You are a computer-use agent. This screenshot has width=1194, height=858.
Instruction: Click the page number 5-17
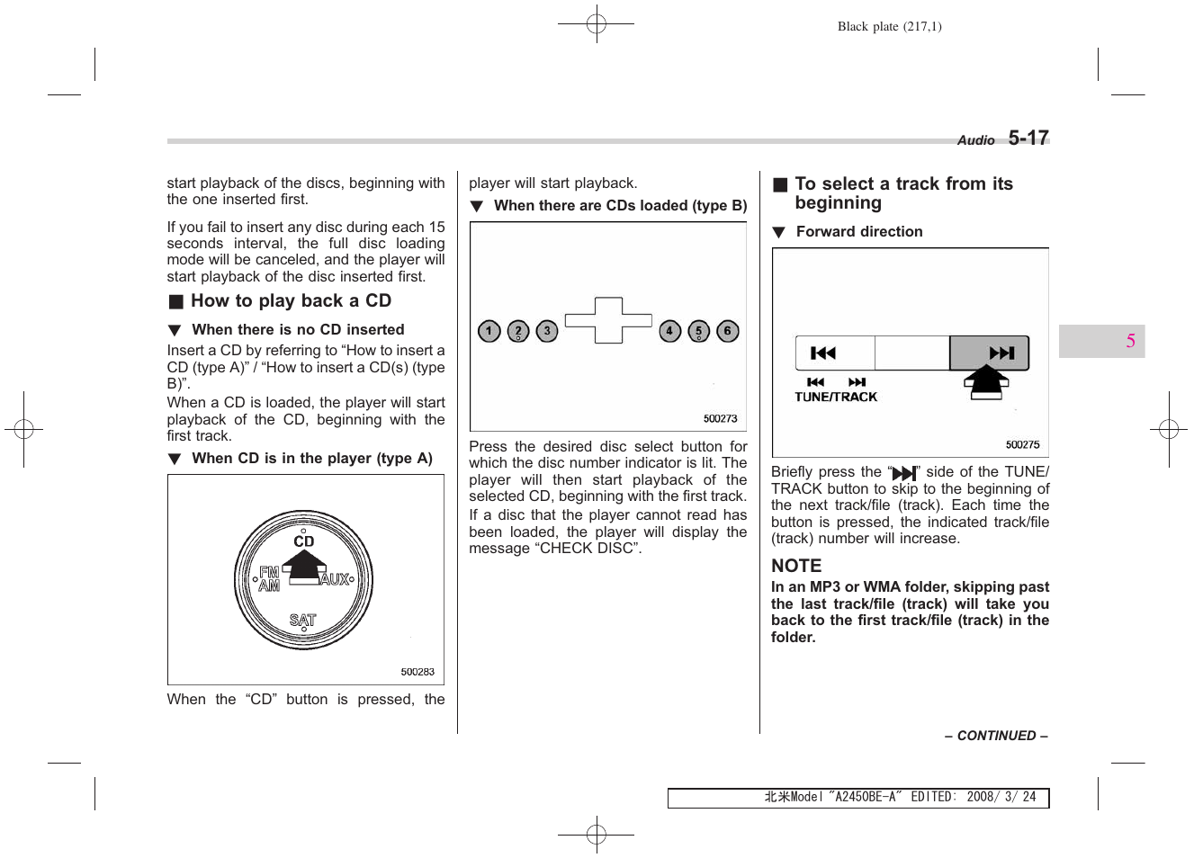click(1028, 138)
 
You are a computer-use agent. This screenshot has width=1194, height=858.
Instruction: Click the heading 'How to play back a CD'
click(290, 301)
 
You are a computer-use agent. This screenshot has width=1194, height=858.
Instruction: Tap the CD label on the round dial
click(304, 541)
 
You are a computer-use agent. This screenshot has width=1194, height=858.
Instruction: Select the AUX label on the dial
click(335, 579)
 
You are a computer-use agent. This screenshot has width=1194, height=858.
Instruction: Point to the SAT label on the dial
click(303, 621)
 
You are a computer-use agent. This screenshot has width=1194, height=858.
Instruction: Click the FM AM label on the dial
click(269, 578)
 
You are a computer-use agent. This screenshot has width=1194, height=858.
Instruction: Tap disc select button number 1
click(489, 331)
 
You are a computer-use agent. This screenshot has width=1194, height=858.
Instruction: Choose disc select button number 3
click(547, 331)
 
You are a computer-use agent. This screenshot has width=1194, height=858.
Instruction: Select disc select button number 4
click(669, 331)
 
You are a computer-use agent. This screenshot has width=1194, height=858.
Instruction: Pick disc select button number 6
click(728, 331)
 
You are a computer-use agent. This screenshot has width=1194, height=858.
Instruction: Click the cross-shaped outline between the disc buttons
click(608, 320)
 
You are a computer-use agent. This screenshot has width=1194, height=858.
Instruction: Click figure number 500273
click(720, 418)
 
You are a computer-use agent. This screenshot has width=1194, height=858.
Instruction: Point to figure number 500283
click(417, 672)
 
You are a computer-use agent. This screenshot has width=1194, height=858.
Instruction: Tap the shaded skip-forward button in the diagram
click(989, 353)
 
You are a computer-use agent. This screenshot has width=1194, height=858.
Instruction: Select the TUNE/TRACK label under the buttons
click(836, 397)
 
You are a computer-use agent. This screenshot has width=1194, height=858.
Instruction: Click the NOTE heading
click(796, 566)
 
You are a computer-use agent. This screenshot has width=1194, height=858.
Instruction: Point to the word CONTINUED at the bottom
click(996, 736)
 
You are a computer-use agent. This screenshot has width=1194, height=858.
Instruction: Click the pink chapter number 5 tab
click(1130, 341)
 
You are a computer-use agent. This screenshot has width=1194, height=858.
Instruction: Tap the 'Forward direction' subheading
click(858, 232)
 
